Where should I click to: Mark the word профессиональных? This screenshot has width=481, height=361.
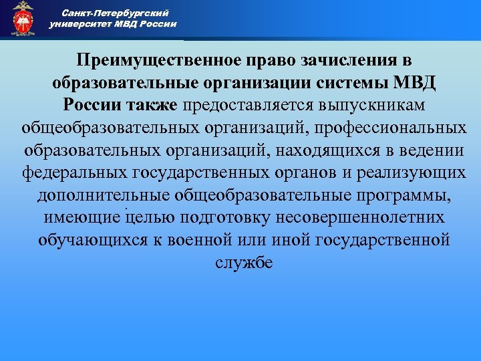(391, 128)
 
